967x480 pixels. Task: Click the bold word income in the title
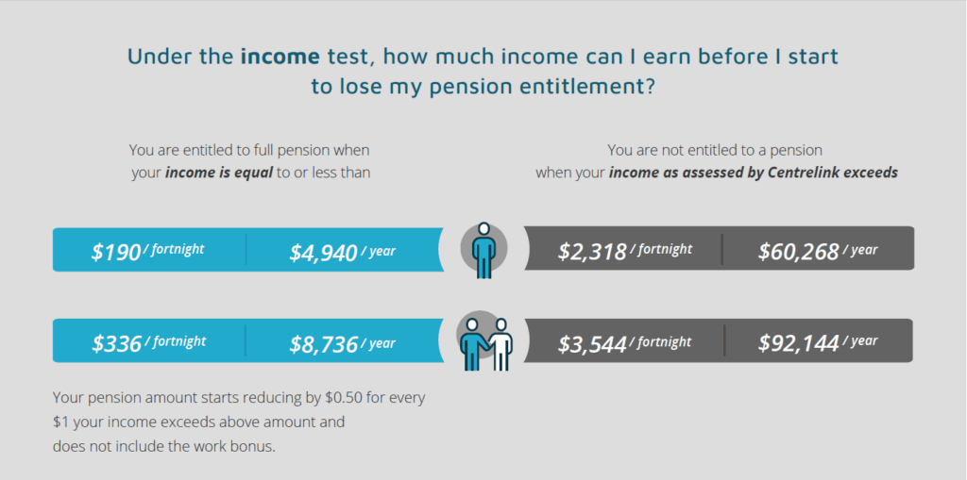(280, 56)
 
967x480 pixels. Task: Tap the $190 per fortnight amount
(148, 252)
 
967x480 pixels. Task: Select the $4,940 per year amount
(342, 252)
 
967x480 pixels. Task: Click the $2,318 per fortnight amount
(625, 251)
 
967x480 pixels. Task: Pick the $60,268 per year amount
(818, 251)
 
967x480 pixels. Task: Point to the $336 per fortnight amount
(148, 343)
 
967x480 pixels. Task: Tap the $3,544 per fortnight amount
(625, 343)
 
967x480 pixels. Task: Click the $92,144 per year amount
(818, 342)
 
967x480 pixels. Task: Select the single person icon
(484, 250)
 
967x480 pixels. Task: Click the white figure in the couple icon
(500, 344)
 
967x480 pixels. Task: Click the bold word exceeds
(874, 174)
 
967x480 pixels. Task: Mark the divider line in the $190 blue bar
(246, 250)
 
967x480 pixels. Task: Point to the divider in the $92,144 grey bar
(724, 340)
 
